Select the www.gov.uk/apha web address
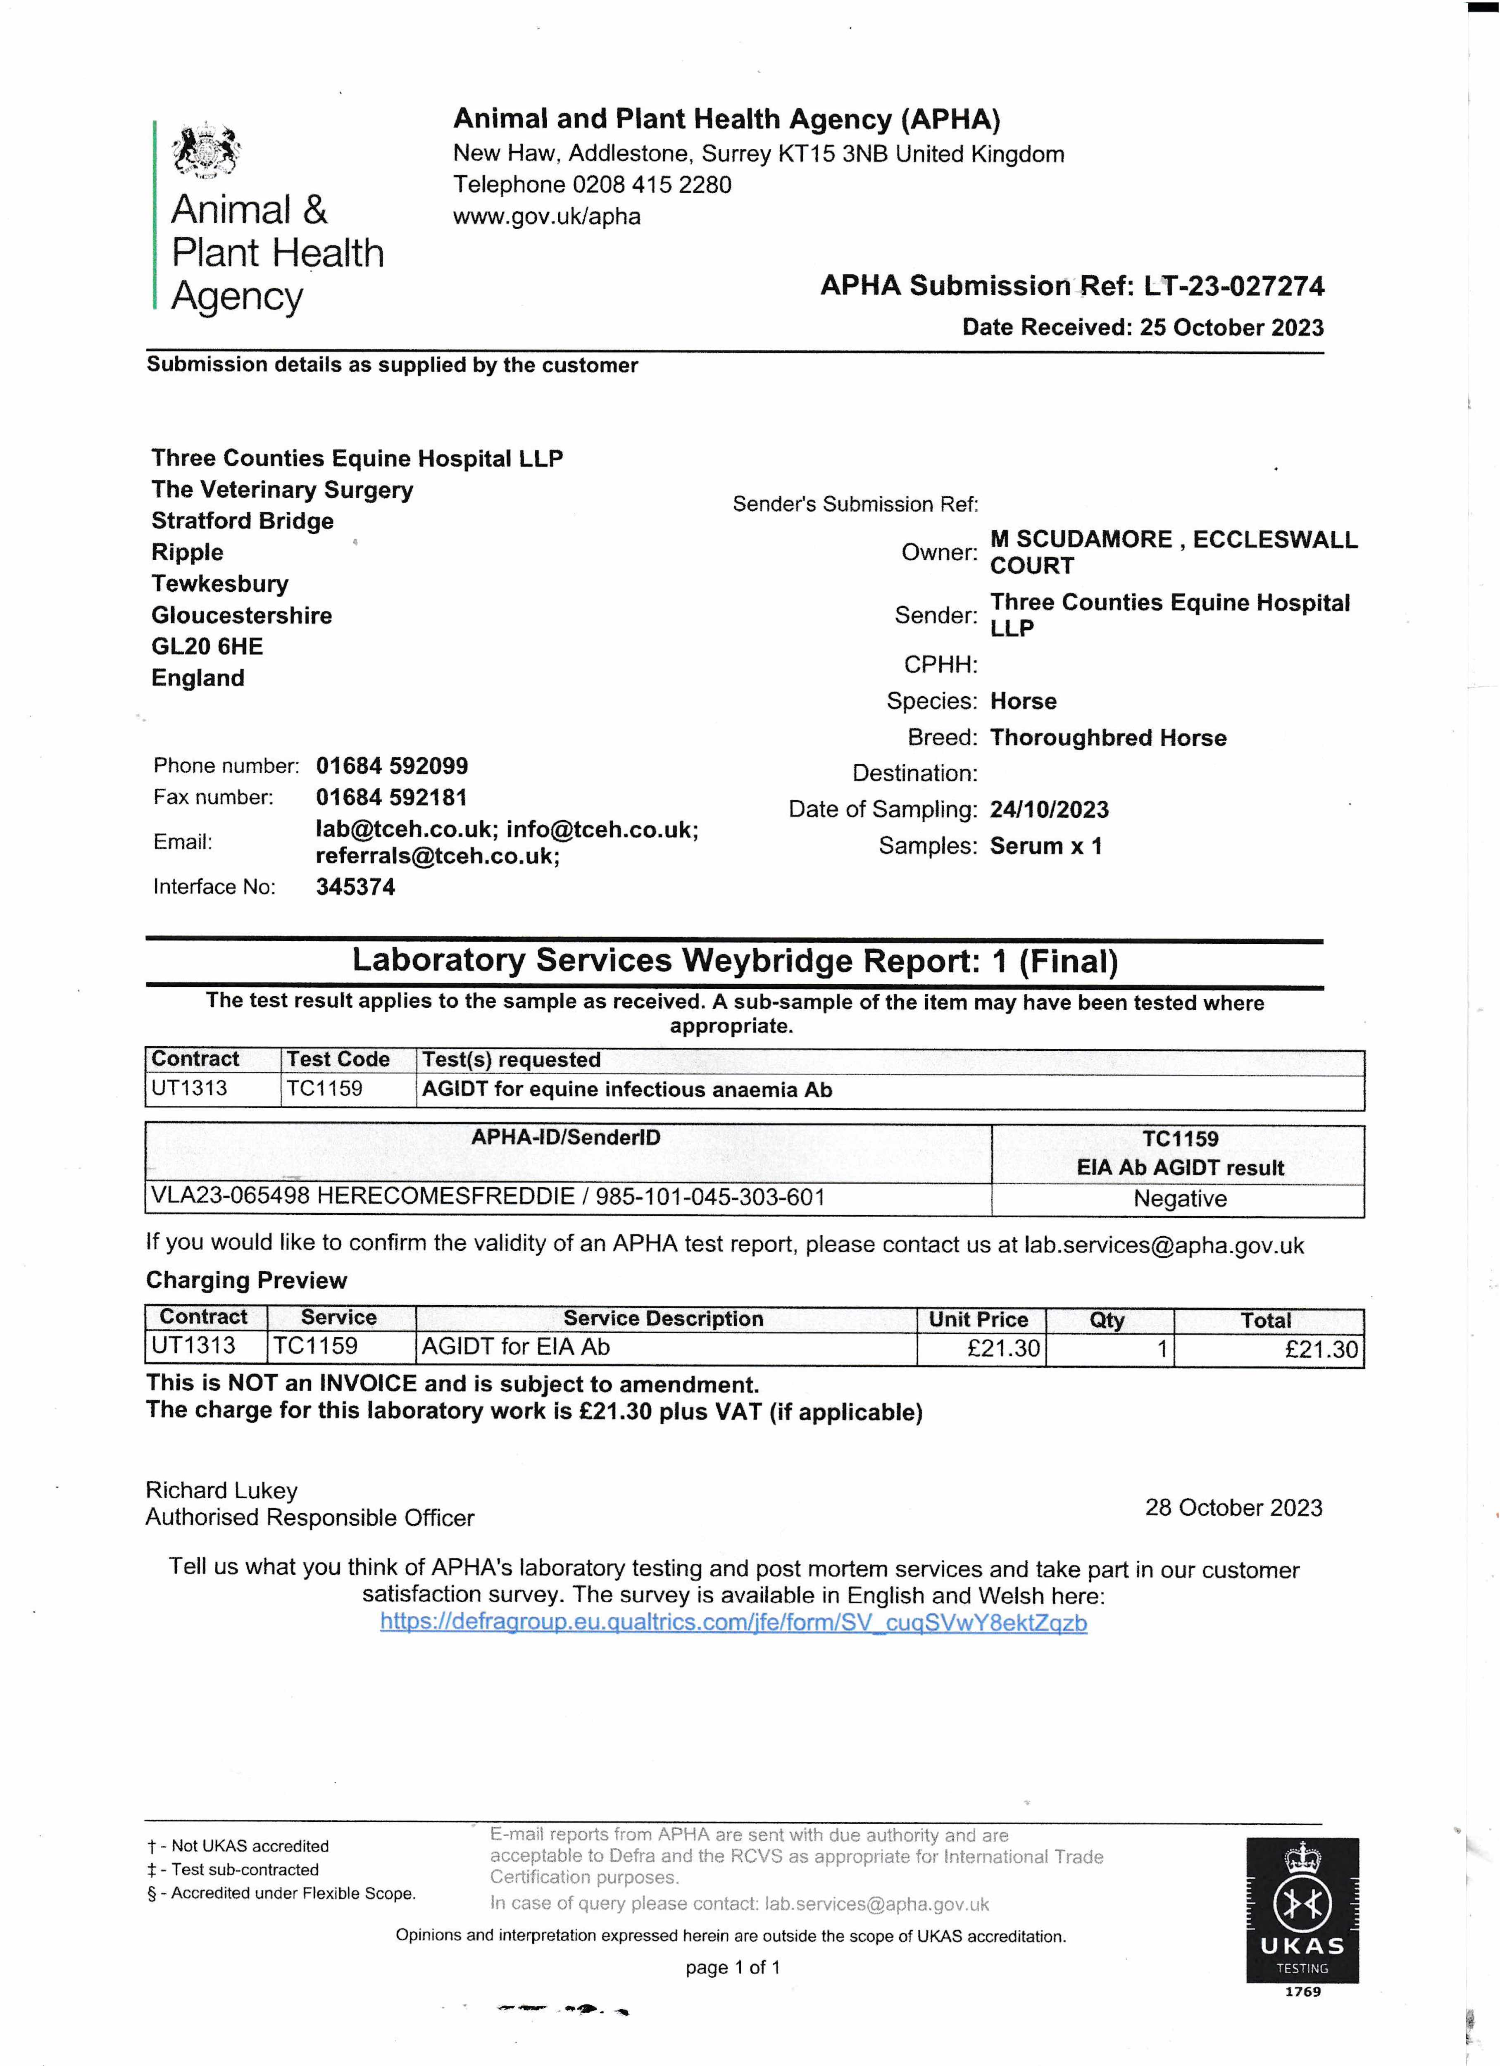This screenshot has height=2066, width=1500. (546, 217)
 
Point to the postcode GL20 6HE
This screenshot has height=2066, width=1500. (207, 647)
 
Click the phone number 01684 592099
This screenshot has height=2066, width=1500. (392, 766)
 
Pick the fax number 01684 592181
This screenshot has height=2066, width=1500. (391, 798)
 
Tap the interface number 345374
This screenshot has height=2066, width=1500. (355, 887)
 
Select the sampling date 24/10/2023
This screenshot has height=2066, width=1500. (1049, 810)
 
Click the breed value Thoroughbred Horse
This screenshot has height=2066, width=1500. (1107, 738)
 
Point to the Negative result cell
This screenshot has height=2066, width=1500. (1179, 1199)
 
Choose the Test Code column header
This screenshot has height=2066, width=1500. (338, 1059)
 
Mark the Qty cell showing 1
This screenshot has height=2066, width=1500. (1161, 1349)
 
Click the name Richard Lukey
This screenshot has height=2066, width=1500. (221, 1490)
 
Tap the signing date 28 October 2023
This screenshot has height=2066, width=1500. (1233, 1508)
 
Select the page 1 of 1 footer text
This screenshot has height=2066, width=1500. (732, 1968)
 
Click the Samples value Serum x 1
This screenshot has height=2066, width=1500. (1045, 846)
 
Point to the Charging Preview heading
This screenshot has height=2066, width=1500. (246, 1281)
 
